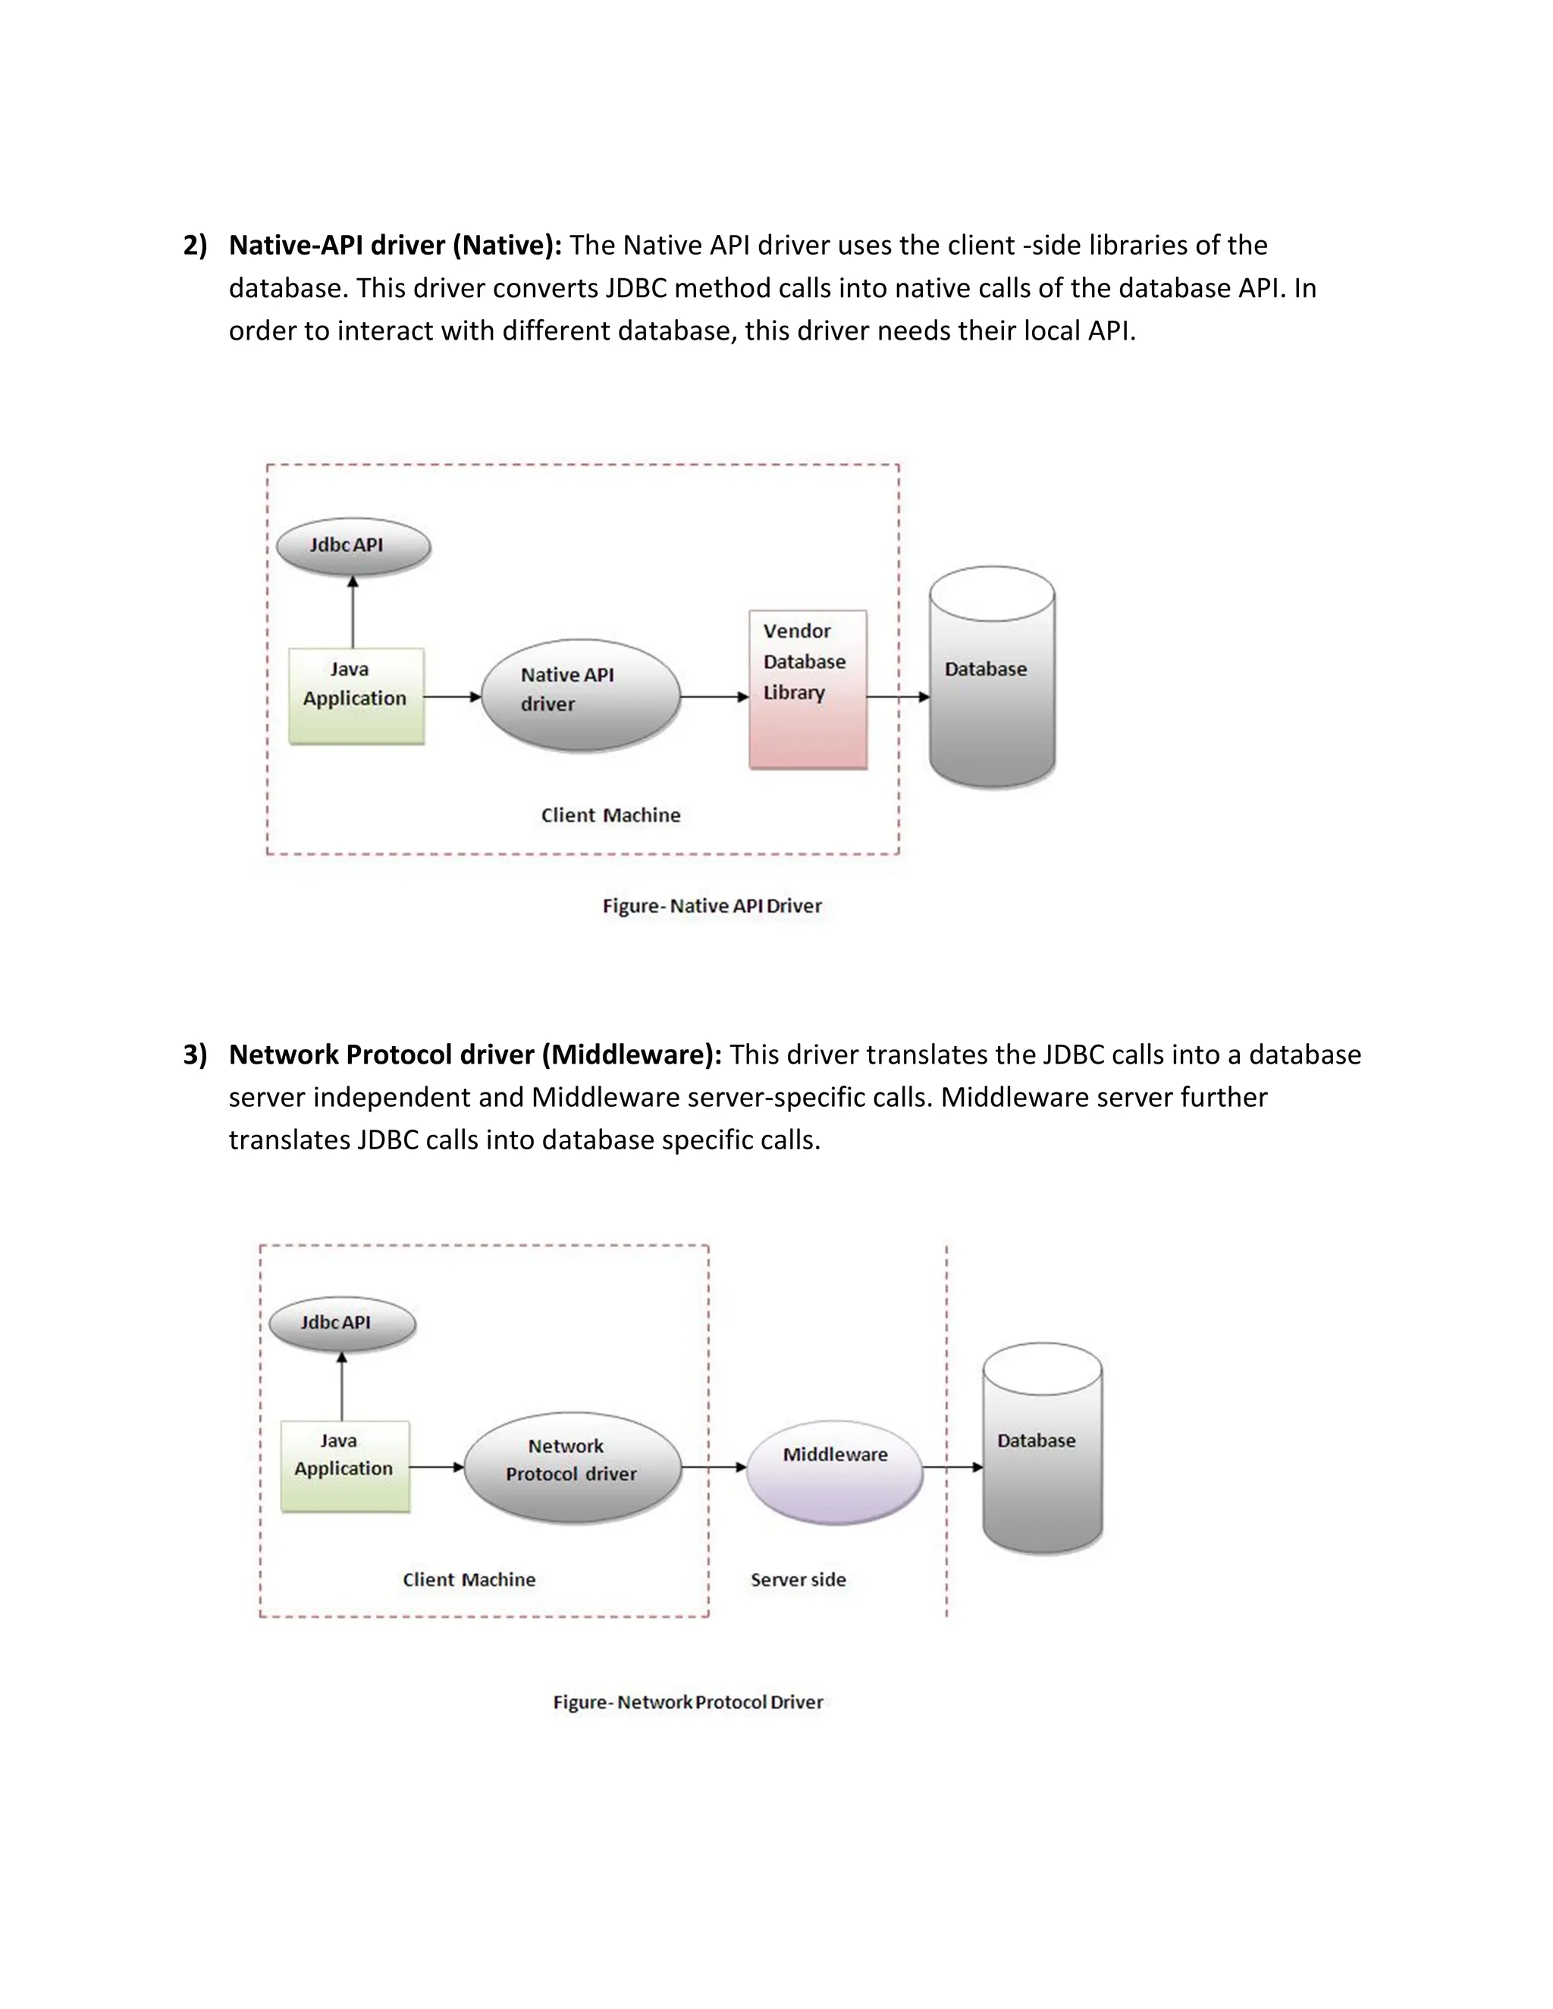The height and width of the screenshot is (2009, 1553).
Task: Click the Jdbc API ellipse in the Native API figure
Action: point(353,547)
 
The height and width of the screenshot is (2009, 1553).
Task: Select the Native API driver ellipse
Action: point(581,694)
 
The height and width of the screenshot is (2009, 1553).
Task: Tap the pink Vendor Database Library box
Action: point(808,689)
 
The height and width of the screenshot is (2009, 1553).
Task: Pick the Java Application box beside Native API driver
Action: point(356,697)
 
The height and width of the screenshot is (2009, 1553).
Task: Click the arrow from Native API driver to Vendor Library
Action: point(714,697)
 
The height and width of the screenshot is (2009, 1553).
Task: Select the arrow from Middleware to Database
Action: point(953,1467)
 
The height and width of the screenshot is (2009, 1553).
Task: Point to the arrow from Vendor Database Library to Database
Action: point(898,697)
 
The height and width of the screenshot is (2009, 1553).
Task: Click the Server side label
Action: point(798,1579)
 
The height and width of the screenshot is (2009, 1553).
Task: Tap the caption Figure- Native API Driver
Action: point(712,906)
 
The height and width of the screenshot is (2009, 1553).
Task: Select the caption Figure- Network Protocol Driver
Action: point(687,1702)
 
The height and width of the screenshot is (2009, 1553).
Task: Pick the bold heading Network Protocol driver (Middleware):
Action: point(475,1055)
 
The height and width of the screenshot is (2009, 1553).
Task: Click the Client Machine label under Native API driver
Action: point(610,815)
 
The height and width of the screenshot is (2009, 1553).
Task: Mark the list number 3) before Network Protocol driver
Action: point(195,1055)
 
